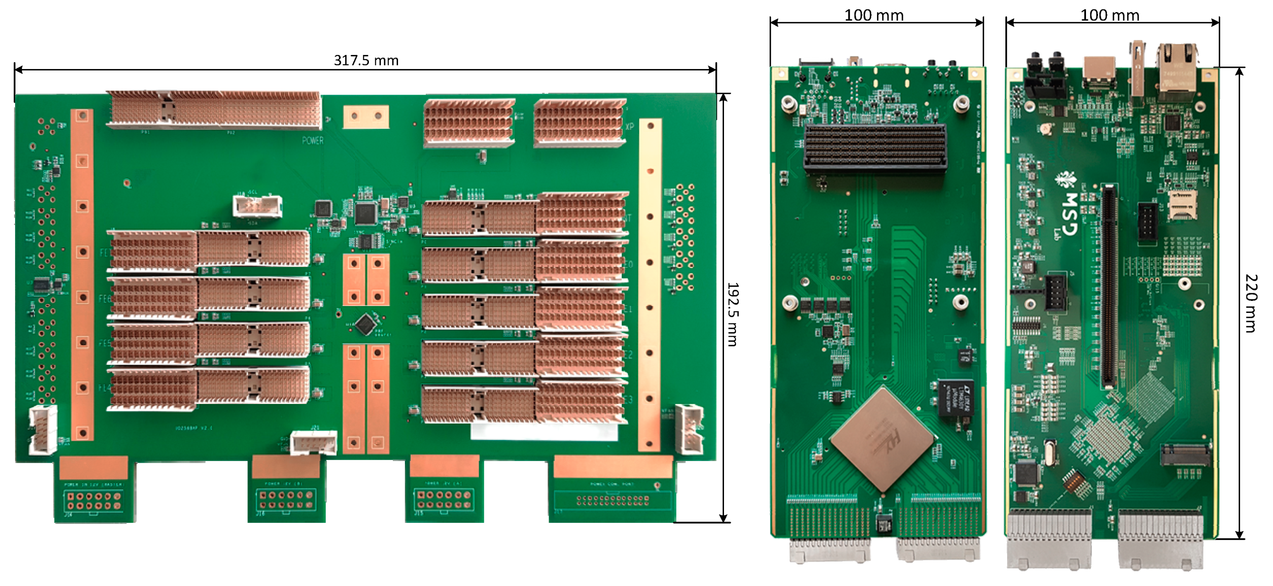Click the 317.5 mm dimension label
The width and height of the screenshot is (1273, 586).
tap(366, 61)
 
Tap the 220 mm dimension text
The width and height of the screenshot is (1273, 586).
tap(1250, 303)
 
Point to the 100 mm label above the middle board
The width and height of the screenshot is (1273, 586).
tap(874, 15)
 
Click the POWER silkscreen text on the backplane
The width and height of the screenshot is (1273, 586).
tap(313, 140)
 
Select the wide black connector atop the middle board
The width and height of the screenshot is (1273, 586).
tap(875, 147)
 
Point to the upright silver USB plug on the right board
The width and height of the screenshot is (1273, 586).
tap(1137, 69)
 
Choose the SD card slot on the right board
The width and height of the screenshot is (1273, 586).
tap(1182, 206)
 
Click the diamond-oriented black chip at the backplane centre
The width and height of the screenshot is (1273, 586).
tap(366, 325)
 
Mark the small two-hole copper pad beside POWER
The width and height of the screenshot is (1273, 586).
tap(366, 117)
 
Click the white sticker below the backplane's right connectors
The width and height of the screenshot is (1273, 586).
tap(543, 431)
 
